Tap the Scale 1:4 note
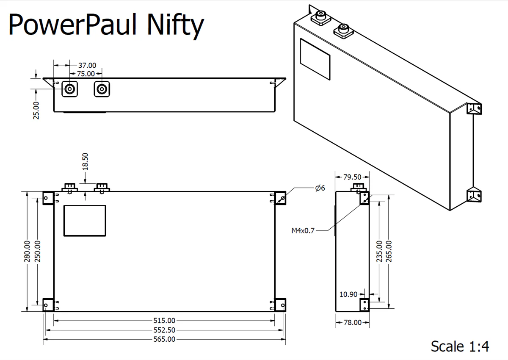pos(460,346)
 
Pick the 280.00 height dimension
pos(27,251)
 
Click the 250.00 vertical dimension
pos(37,251)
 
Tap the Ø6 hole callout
pos(320,188)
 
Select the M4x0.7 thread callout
pos(303,231)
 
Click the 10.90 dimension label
pos(349,294)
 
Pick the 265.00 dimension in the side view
pos(389,251)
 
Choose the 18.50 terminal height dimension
pos(86,161)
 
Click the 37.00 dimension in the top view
pos(87,65)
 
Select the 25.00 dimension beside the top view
pos(36,110)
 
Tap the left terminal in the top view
pos(70,89)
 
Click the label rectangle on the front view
pos(85,220)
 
